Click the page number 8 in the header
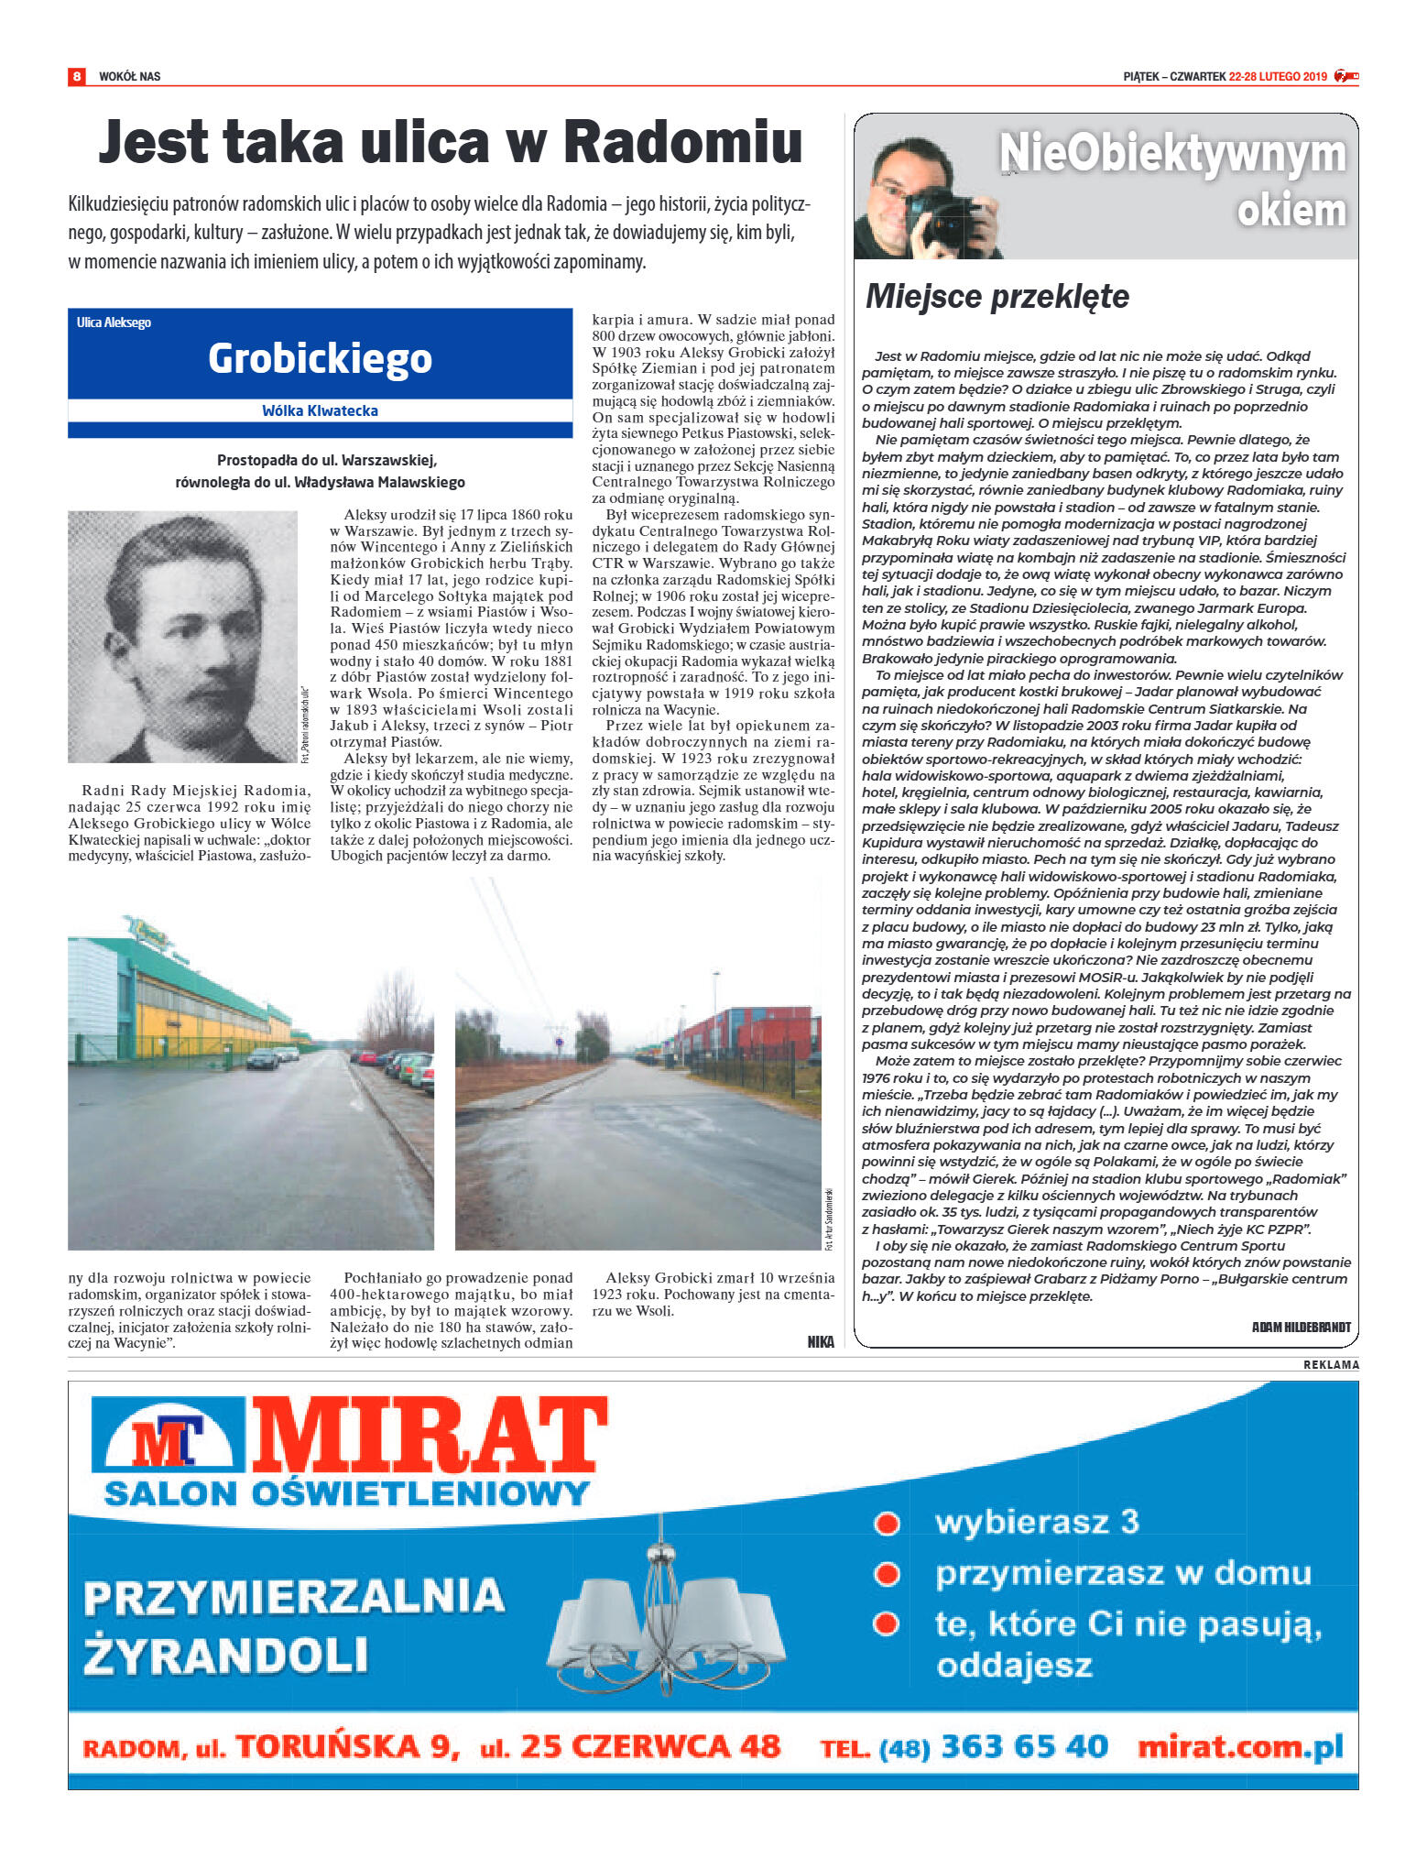pyautogui.click(x=77, y=76)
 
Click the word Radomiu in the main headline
pyautogui.click(x=682, y=143)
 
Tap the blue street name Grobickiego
pyautogui.click(x=320, y=358)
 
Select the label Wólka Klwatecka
pyautogui.click(x=320, y=410)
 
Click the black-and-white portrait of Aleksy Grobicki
pyautogui.click(x=182, y=636)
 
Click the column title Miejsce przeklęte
pyautogui.click(x=997, y=296)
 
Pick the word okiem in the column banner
pyautogui.click(x=1291, y=211)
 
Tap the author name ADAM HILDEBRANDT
pyautogui.click(x=1301, y=1327)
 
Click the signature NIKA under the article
pyautogui.click(x=821, y=1341)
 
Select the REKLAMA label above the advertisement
pyautogui.click(x=1331, y=1365)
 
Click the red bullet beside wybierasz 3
pyautogui.click(x=886, y=1523)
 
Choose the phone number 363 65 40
pyautogui.click(x=1024, y=1746)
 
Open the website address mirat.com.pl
pyautogui.click(x=1240, y=1746)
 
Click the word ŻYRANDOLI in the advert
pyautogui.click(x=225, y=1656)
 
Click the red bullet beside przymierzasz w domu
pyautogui.click(x=886, y=1574)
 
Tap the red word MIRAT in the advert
pyautogui.click(x=430, y=1436)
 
